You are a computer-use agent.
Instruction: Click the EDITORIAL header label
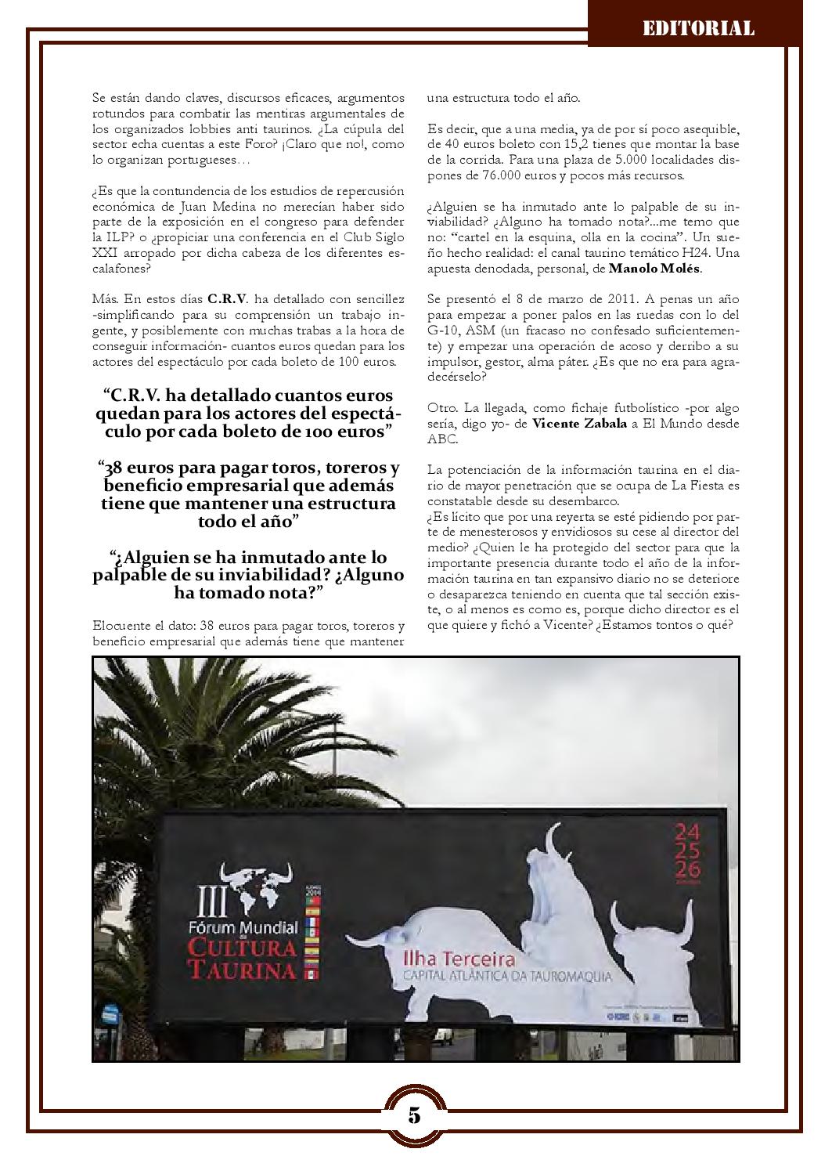click(698, 29)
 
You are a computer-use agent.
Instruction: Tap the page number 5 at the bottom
click(415, 1115)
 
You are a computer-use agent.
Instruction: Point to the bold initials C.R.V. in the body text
click(228, 300)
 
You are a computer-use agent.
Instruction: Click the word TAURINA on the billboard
click(242, 970)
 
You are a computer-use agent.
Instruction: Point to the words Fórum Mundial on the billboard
click(243, 928)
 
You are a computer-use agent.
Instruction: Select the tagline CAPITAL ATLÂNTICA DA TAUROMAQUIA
click(506, 976)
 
